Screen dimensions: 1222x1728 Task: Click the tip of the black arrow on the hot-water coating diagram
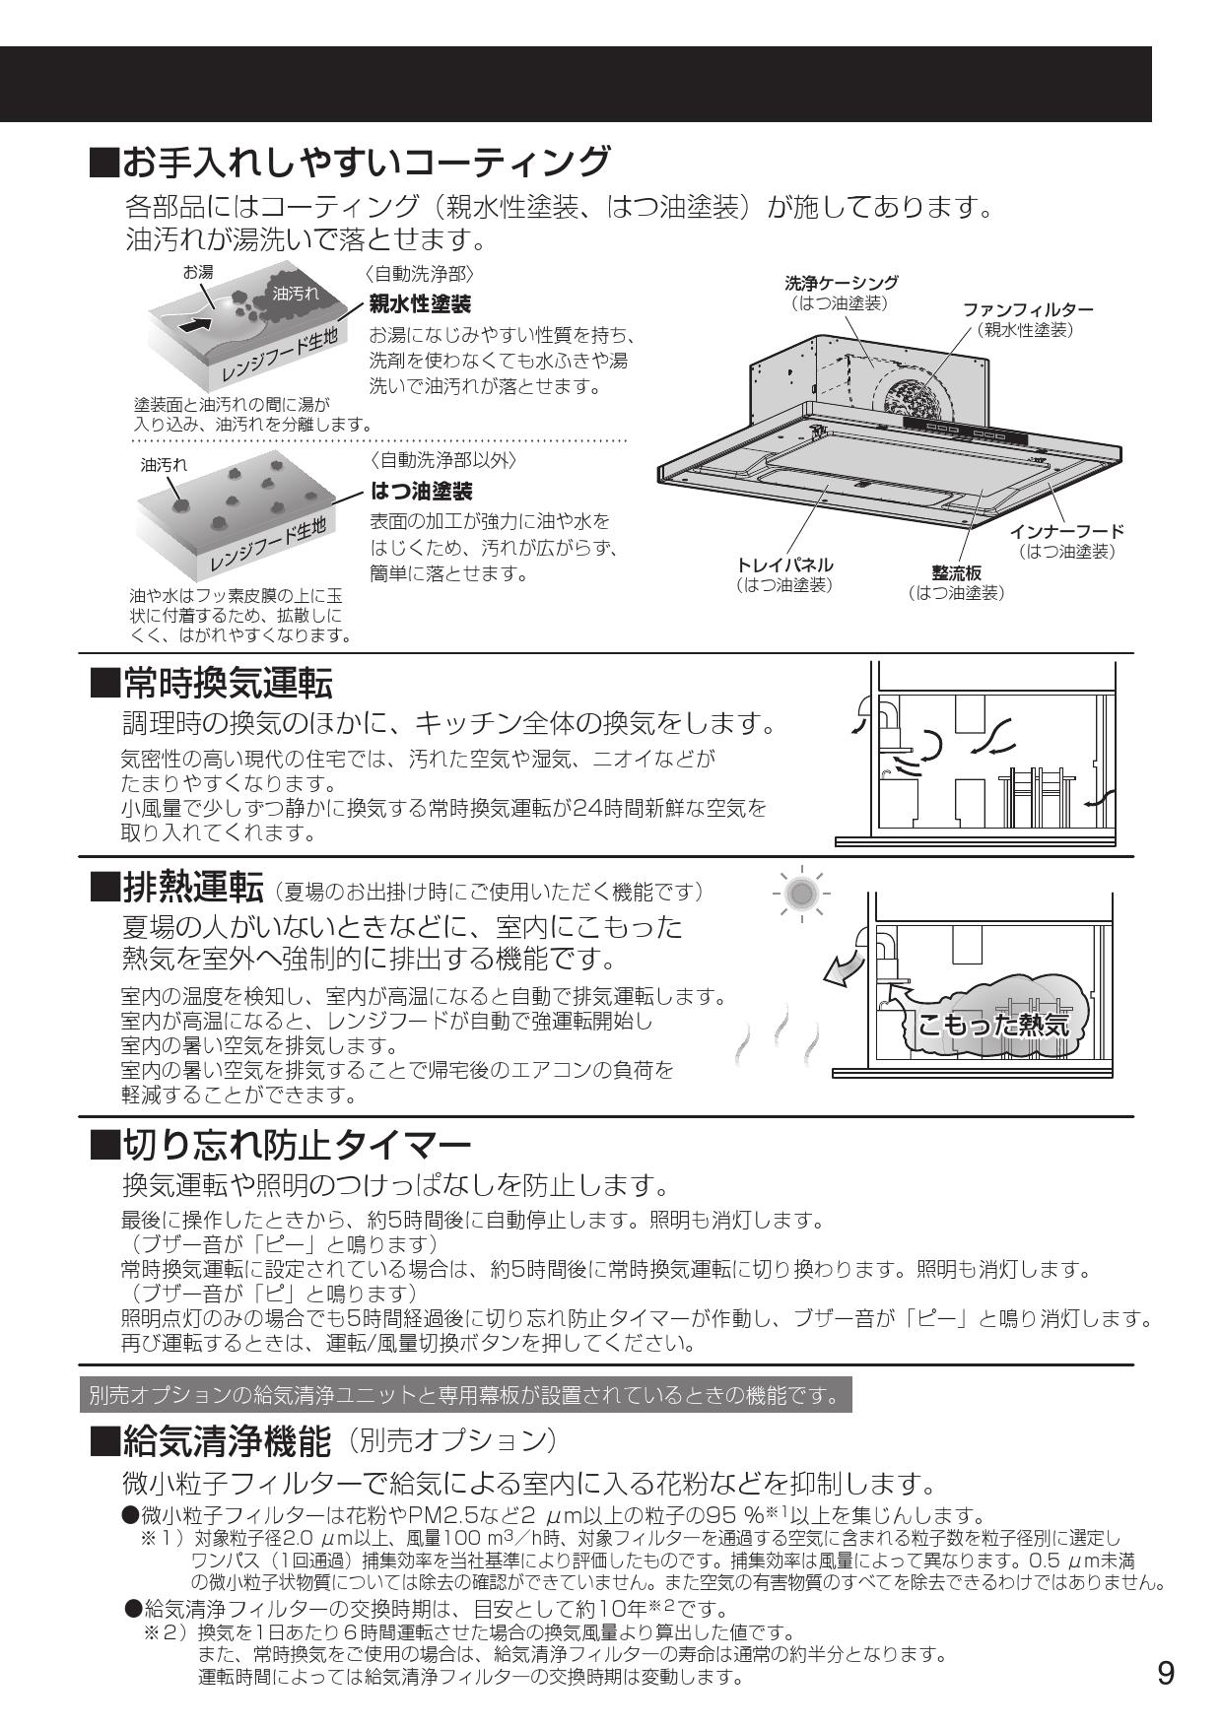pyautogui.click(x=213, y=317)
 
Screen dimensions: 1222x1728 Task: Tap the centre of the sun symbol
pyautogui.click(x=801, y=894)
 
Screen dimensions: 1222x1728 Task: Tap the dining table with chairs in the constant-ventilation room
pyautogui.click(x=1035, y=798)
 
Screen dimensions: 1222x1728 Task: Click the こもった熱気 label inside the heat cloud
pyautogui.click(x=991, y=1024)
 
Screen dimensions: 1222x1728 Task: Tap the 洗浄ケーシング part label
pyautogui.click(x=841, y=284)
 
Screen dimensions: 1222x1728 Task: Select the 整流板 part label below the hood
pyautogui.click(x=955, y=573)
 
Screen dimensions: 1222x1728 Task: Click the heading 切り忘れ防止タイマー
pyautogui.click(x=297, y=1146)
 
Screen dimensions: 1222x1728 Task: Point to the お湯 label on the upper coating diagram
pyautogui.click(x=197, y=272)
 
